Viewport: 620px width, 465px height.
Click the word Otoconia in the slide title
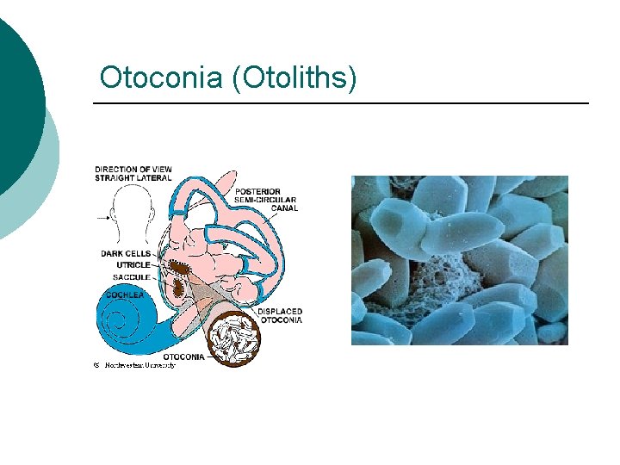(x=160, y=77)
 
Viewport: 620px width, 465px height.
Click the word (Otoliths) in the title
(x=294, y=78)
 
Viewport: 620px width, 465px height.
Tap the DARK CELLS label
(x=127, y=254)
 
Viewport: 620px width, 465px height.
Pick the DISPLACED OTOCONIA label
(x=280, y=315)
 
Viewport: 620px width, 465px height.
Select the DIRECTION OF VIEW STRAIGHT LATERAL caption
(x=133, y=173)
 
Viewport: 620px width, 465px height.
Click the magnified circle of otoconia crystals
(x=233, y=342)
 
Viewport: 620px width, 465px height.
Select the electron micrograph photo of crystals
(x=459, y=260)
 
